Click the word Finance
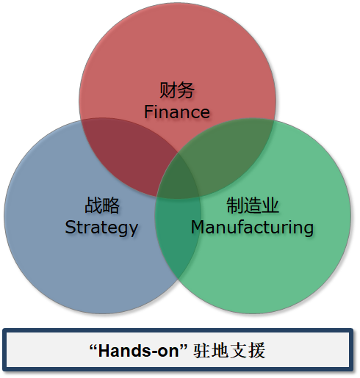point(177,112)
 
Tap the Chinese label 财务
point(177,90)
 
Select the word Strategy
point(101,228)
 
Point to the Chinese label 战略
point(102,205)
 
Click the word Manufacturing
point(252,228)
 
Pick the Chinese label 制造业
point(253,205)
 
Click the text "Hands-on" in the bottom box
point(139,351)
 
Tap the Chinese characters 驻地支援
point(229,351)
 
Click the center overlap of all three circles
point(178,178)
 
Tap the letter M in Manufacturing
point(198,227)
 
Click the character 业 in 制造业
point(270,205)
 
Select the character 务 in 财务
point(186,90)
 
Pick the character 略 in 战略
point(111,205)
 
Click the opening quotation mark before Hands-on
point(93,346)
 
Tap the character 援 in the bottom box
point(257,351)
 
